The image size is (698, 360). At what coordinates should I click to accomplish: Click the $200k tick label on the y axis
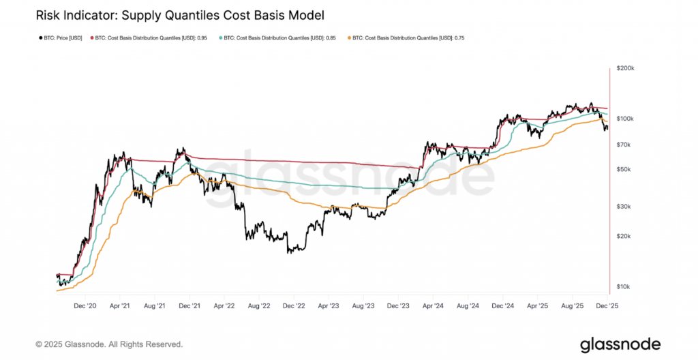pos(626,69)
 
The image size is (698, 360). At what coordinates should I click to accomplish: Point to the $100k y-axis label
pos(626,119)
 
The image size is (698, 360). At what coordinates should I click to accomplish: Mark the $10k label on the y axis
pos(624,286)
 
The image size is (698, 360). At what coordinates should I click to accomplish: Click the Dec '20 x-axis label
pos(85,307)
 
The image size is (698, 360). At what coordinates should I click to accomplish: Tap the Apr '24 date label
pos(434,307)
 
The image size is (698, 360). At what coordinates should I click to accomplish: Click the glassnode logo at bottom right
pos(621,344)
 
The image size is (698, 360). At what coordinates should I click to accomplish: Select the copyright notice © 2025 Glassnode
pos(108,344)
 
